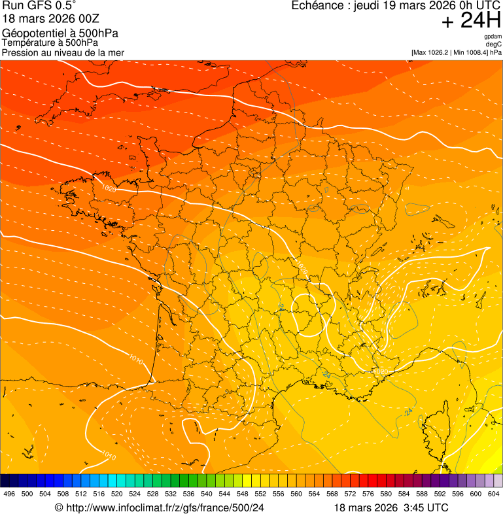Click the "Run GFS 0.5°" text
click(39, 6)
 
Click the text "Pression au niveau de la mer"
click(63, 52)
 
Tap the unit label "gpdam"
click(493, 37)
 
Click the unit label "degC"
click(494, 44)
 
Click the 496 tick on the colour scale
click(9, 494)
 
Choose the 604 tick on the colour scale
click(494, 494)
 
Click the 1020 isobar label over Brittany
click(109, 189)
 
